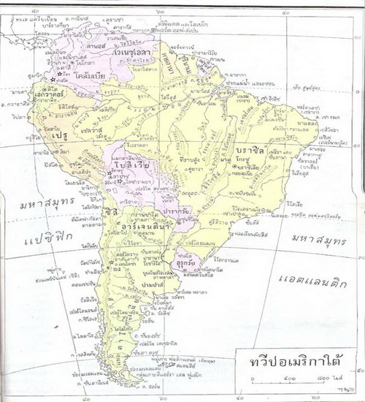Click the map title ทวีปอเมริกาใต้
(x=290, y=364)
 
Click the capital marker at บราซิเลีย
(x=234, y=167)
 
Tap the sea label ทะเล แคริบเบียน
(x=29, y=8)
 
